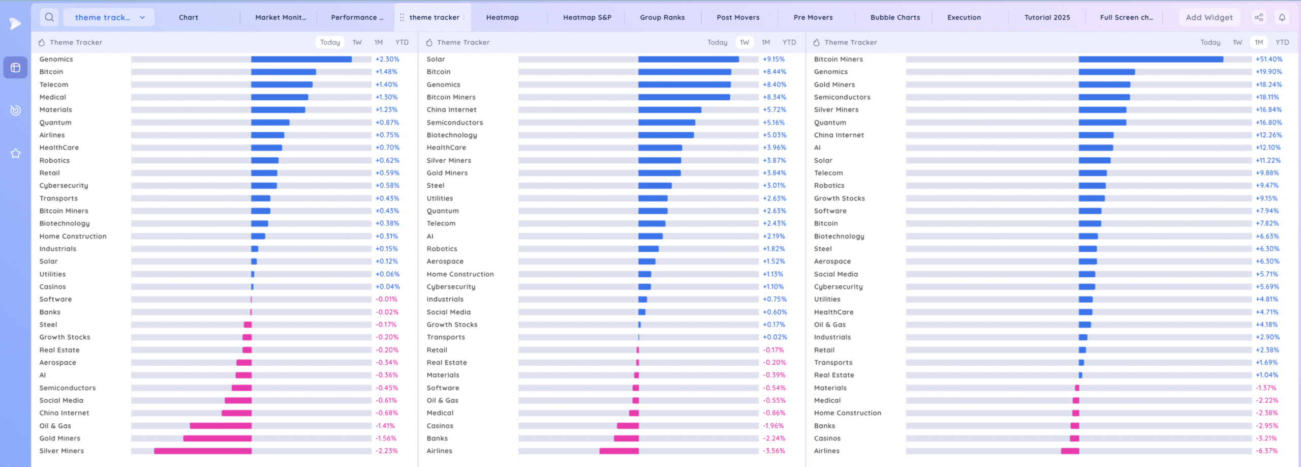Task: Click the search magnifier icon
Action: point(49,17)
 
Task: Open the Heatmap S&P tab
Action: point(587,17)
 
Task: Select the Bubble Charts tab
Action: point(895,17)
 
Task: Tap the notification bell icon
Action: point(1282,17)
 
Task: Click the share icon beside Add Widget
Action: point(1259,17)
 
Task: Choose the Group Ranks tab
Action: point(662,17)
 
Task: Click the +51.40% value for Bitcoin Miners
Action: point(1268,60)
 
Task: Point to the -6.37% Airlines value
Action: point(1266,451)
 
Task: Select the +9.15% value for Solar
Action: point(773,60)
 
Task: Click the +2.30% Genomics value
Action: point(387,60)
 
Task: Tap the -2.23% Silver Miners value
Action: point(386,451)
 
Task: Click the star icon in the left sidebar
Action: point(16,153)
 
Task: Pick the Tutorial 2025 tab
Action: point(1047,17)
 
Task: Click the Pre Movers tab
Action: point(813,17)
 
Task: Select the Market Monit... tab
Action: point(281,17)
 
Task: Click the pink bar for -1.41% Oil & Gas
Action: point(221,426)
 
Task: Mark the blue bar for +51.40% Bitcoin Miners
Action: point(1151,60)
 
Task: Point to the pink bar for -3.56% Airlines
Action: point(619,451)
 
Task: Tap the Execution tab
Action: point(964,17)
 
